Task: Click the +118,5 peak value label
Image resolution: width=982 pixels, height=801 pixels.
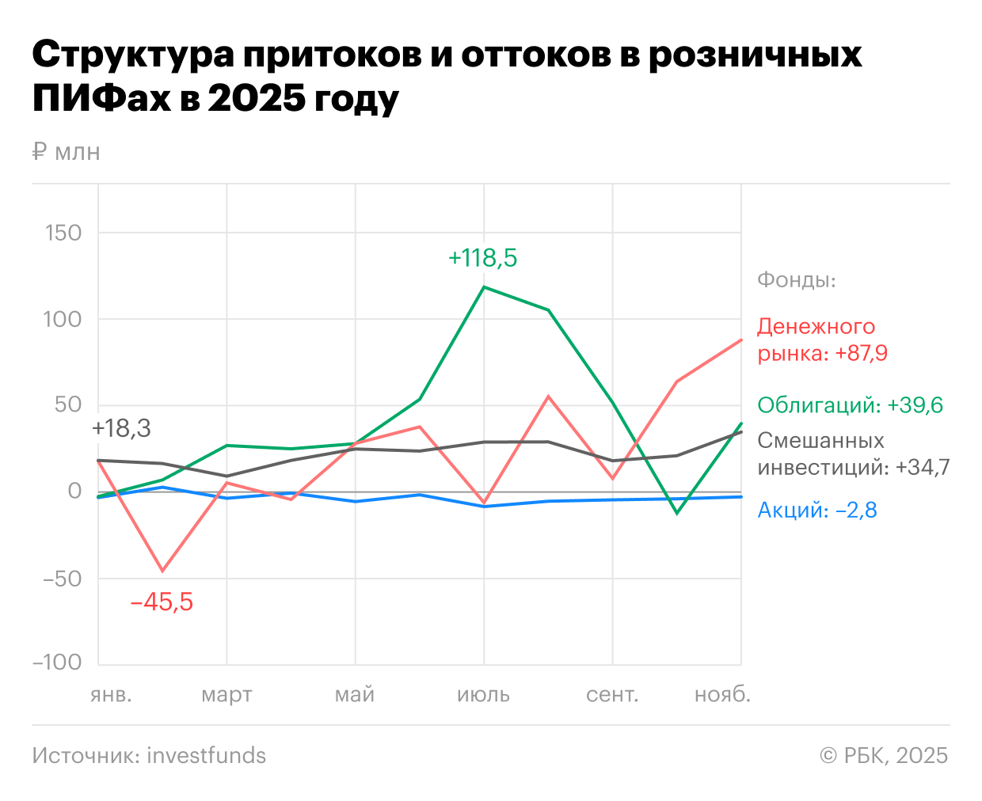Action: [x=482, y=258]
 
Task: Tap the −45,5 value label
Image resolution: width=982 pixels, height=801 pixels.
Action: [x=162, y=602]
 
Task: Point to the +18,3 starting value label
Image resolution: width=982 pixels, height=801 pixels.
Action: [x=121, y=428]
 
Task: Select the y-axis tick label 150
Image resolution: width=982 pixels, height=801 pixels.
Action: [x=63, y=233]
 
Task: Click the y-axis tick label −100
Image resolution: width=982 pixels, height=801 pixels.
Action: [x=57, y=662]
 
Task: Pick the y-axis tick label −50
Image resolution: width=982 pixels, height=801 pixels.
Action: [x=62, y=579]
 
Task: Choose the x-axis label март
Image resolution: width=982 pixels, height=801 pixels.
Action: [x=226, y=695]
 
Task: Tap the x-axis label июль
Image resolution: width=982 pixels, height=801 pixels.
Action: [x=483, y=695]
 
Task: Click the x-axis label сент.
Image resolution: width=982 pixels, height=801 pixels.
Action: [x=612, y=695]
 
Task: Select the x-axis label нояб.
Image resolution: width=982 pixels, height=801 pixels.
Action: [x=722, y=695]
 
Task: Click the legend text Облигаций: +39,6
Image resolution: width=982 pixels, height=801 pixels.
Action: [x=850, y=405]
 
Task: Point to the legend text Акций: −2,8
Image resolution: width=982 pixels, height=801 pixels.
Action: [x=817, y=510]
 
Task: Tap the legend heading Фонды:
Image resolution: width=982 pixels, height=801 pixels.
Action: [x=797, y=280]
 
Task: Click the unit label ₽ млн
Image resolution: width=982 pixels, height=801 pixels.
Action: [x=67, y=151]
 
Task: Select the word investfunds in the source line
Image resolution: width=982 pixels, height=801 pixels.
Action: [x=207, y=756]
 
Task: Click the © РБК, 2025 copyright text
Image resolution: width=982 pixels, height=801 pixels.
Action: [x=884, y=756]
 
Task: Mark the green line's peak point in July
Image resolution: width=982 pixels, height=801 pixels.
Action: [x=484, y=287]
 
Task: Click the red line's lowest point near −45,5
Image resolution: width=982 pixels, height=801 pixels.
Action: [x=162, y=571]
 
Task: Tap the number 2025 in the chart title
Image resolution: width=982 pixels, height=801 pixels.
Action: [x=256, y=98]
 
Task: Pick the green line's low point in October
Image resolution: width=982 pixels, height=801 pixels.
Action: [x=676, y=513]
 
